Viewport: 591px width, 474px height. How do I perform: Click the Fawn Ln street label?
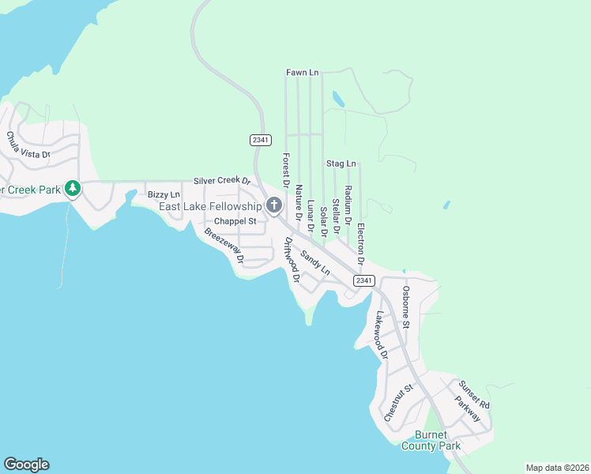302,73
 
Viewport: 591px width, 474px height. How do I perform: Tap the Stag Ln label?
341,164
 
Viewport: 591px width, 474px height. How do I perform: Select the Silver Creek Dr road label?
222,181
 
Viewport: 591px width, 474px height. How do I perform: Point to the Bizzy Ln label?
164,194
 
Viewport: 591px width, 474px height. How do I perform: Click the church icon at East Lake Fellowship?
274,206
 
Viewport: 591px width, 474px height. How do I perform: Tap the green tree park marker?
73,188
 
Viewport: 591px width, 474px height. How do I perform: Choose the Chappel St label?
235,221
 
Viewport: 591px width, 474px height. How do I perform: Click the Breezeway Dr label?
224,246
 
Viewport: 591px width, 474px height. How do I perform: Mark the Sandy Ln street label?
314,258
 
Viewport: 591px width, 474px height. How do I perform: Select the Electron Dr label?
360,243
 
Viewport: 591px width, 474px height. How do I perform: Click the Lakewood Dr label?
382,335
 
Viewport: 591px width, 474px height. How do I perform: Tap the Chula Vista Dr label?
28,145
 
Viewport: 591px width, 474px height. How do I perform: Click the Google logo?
26,465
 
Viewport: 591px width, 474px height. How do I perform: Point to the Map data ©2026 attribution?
557,468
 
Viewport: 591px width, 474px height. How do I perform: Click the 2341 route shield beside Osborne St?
363,281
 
